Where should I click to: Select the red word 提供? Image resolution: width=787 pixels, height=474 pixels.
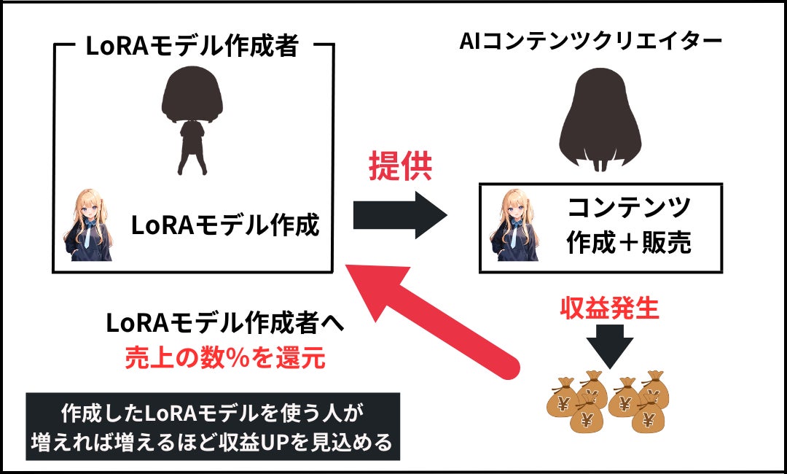pos(399,168)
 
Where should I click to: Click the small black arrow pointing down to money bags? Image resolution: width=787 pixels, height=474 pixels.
pos(609,342)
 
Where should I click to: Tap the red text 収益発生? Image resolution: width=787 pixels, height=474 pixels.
pos(609,309)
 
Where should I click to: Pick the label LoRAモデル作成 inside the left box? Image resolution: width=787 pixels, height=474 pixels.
pos(225,225)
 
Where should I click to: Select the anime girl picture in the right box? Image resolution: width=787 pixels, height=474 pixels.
pos(513,228)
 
